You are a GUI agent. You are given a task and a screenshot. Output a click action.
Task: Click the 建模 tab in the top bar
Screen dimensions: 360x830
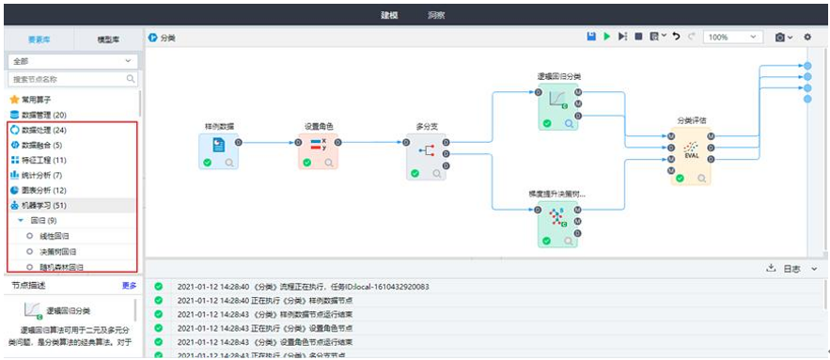pyautogui.click(x=389, y=15)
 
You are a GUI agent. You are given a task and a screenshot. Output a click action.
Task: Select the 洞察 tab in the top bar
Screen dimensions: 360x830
pyautogui.click(x=436, y=15)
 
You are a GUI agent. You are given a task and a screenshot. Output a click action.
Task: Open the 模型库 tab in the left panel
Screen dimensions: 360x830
pyautogui.click(x=108, y=39)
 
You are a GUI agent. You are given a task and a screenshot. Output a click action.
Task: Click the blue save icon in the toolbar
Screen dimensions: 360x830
pyautogui.click(x=591, y=37)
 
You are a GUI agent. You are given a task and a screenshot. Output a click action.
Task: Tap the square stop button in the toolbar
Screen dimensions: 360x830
pyautogui.click(x=638, y=37)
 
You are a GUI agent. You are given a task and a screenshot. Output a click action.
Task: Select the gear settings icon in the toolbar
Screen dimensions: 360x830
pyautogui.click(x=807, y=37)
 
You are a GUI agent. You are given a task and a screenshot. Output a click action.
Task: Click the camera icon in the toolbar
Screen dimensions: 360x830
pyautogui.click(x=780, y=37)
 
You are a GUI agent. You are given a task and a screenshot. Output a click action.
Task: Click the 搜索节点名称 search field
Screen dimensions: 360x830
pyautogui.click(x=66, y=80)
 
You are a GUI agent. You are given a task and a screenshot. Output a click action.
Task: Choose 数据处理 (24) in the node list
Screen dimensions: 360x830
pyautogui.click(x=43, y=130)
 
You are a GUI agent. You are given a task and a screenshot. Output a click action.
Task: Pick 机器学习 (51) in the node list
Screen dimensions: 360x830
pyautogui.click(x=43, y=205)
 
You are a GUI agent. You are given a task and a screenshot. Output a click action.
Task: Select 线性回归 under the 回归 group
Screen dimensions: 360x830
pyautogui.click(x=56, y=236)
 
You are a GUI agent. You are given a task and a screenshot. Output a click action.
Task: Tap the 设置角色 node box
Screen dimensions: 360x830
pyautogui.click(x=319, y=150)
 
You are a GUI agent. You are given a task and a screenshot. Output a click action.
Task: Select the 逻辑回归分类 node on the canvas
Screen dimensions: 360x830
pyautogui.click(x=558, y=105)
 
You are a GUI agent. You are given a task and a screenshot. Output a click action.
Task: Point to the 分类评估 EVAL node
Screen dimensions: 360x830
pyautogui.click(x=691, y=152)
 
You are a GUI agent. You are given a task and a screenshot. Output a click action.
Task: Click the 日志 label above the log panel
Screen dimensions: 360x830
pyautogui.click(x=791, y=269)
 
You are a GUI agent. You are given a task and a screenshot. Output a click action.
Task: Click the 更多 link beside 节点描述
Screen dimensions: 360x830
pyautogui.click(x=129, y=285)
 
